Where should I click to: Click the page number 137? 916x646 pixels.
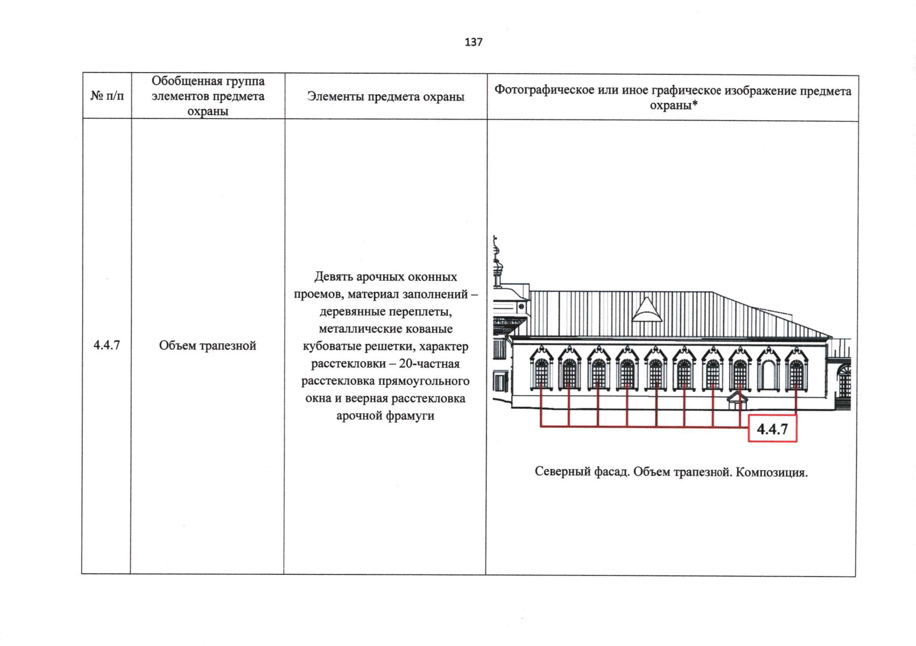click(x=474, y=42)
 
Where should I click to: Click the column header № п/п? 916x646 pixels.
click(x=107, y=96)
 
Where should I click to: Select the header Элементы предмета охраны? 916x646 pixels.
click(x=386, y=96)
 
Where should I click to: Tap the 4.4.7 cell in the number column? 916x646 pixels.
click(x=107, y=345)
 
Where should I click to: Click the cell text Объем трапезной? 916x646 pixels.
click(x=208, y=345)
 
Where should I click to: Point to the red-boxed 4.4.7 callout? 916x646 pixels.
click(x=772, y=429)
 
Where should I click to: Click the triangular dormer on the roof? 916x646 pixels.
click(x=646, y=310)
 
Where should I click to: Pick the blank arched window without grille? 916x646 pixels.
click(x=768, y=368)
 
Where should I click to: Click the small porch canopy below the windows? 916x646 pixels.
click(x=737, y=399)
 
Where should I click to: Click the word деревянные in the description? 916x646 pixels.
click(x=351, y=312)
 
